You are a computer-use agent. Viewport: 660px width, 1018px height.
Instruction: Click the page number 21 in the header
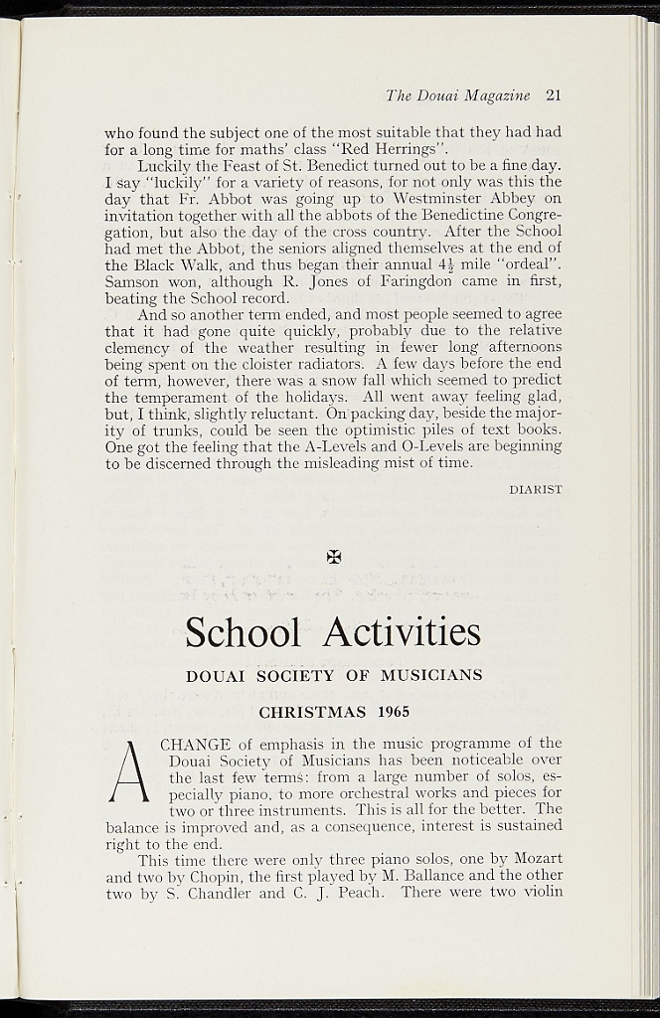coord(554,95)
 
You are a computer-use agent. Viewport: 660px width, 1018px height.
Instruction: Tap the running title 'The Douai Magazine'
coord(458,95)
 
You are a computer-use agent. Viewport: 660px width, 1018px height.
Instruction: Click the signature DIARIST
coord(536,489)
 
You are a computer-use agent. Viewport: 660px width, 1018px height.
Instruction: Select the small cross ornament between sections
coord(334,557)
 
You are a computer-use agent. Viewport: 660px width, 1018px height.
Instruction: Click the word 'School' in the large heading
coord(243,632)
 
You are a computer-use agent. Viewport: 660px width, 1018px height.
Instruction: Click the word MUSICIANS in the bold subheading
coord(432,676)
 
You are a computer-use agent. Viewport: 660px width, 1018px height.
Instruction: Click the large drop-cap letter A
coord(128,775)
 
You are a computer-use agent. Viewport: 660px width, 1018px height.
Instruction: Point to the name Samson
coord(133,281)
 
